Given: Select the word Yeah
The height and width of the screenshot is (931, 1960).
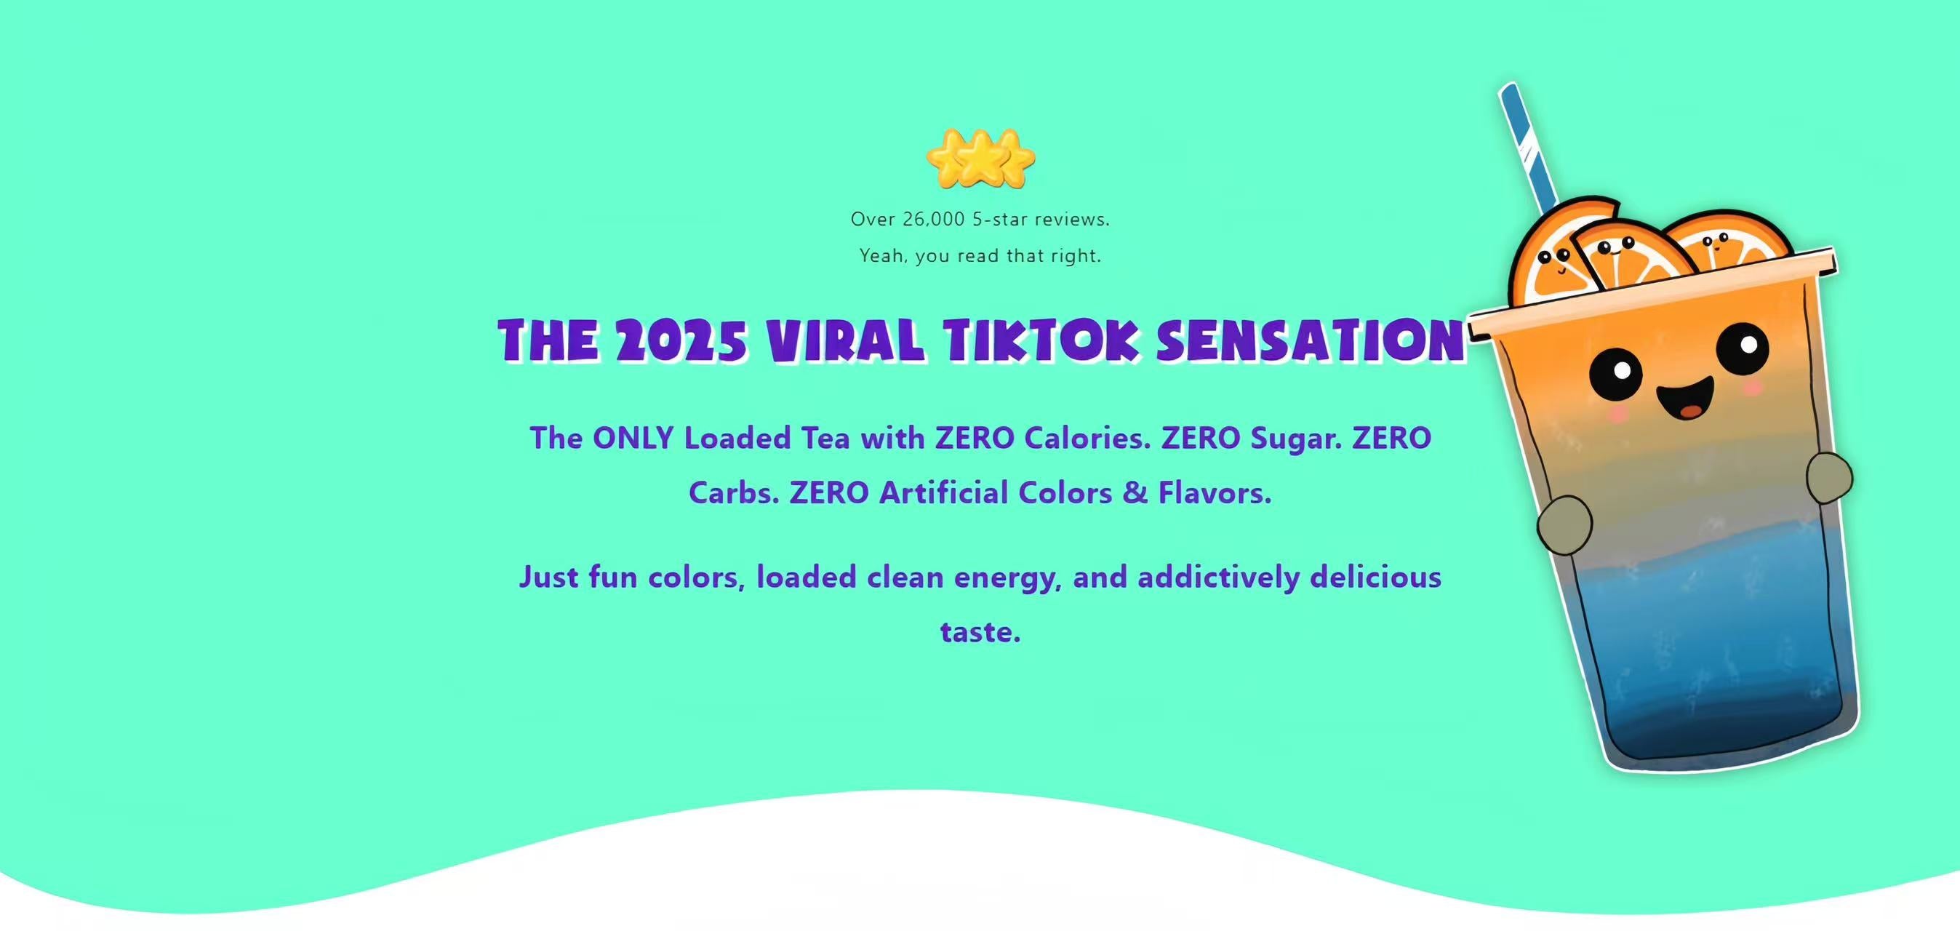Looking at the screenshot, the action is click(x=884, y=256).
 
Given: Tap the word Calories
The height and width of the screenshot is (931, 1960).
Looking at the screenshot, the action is click(x=1087, y=439).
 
